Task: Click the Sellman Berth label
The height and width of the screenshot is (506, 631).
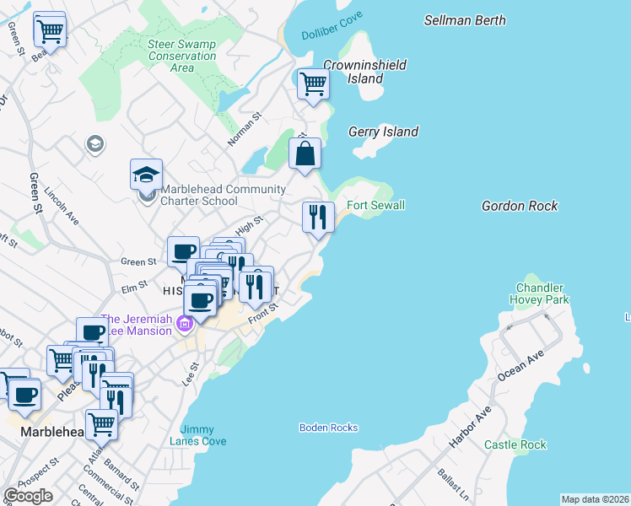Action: click(465, 19)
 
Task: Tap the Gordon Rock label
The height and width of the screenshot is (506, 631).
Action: click(520, 206)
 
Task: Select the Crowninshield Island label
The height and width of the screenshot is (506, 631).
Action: click(365, 72)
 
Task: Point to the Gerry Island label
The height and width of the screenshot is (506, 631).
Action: click(383, 132)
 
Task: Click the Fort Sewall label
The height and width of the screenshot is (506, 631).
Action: click(376, 206)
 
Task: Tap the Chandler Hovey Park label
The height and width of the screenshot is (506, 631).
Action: click(539, 293)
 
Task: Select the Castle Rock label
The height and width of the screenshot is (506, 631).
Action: click(515, 444)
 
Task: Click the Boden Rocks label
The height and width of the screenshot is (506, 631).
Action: click(328, 428)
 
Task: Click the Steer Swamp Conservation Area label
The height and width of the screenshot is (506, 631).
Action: click(181, 56)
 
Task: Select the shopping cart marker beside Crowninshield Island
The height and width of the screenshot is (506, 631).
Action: click(313, 84)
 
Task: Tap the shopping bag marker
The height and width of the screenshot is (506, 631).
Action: click(305, 154)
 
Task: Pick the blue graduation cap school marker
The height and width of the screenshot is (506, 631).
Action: click(146, 175)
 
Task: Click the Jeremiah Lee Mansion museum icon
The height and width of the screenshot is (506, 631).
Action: click(182, 323)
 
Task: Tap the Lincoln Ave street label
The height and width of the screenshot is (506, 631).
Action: click(62, 206)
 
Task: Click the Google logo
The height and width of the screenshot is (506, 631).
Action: click(28, 496)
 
